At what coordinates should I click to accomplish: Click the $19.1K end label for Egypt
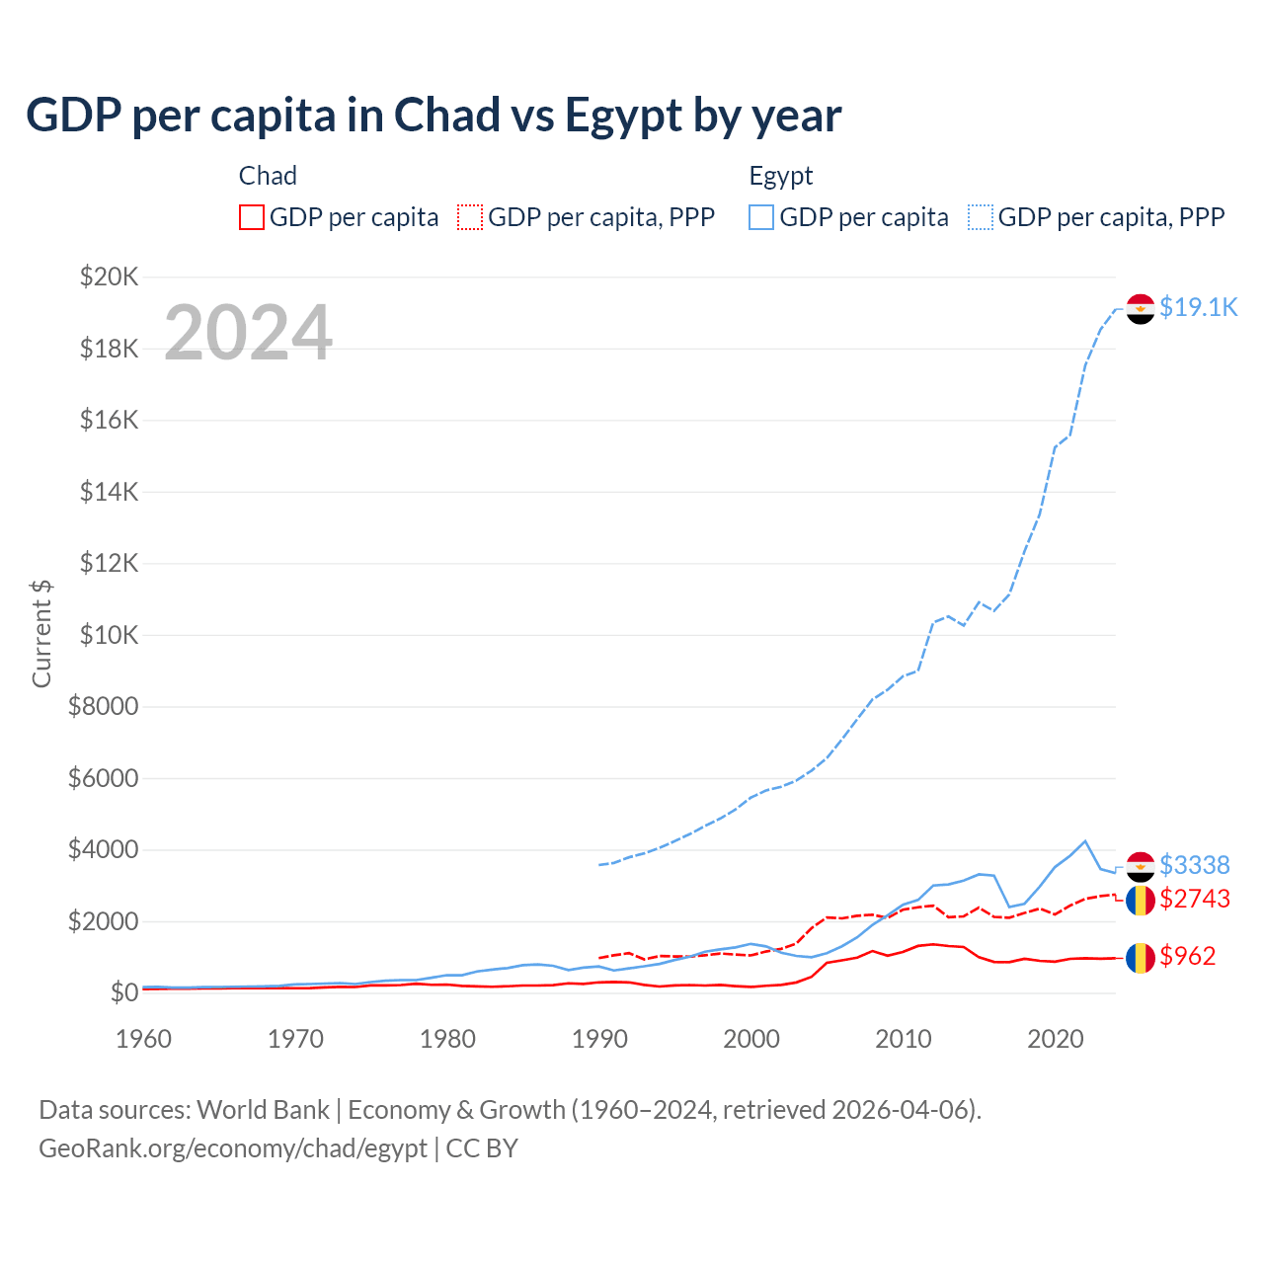coord(1198,307)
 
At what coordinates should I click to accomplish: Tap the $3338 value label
coord(1194,865)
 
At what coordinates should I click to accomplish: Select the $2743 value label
coord(1194,899)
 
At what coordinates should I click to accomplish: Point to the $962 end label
coord(1187,956)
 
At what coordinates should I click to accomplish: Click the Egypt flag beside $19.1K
coord(1141,309)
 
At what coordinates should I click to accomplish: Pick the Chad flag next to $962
coord(1141,957)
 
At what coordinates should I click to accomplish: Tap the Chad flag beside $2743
coord(1141,900)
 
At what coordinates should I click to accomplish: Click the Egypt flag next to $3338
coord(1141,866)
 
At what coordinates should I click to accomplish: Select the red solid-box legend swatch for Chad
coord(252,217)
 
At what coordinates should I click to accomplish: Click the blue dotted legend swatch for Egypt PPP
coord(981,217)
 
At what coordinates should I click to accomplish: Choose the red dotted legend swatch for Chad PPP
coord(470,217)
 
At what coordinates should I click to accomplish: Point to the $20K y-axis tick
coord(110,276)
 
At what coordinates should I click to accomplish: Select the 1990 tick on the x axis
coord(599,1039)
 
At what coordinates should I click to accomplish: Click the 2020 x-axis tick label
coord(1056,1039)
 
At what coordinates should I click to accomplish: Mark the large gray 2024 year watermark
coord(248,333)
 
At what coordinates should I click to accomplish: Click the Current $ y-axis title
coord(41,634)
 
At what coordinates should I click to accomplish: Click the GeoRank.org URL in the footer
coord(233,1148)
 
